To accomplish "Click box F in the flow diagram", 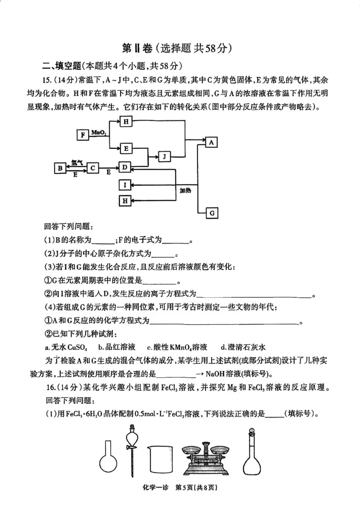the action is [x=82, y=134].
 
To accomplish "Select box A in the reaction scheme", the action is [x=212, y=142].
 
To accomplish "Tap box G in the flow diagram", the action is [x=212, y=213].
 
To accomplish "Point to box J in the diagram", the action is [x=165, y=157].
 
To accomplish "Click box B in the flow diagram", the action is [x=60, y=168].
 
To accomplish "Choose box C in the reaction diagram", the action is [x=93, y=168].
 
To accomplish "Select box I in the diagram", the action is [x=126, y=184].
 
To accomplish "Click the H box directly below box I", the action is [x=126, y=201].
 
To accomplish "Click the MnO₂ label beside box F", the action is [x=98, y=133].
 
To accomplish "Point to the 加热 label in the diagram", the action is [x=185, y=191].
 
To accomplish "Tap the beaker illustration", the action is [x=160, y=456].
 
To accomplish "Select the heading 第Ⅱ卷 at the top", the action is [x=137, y=48].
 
